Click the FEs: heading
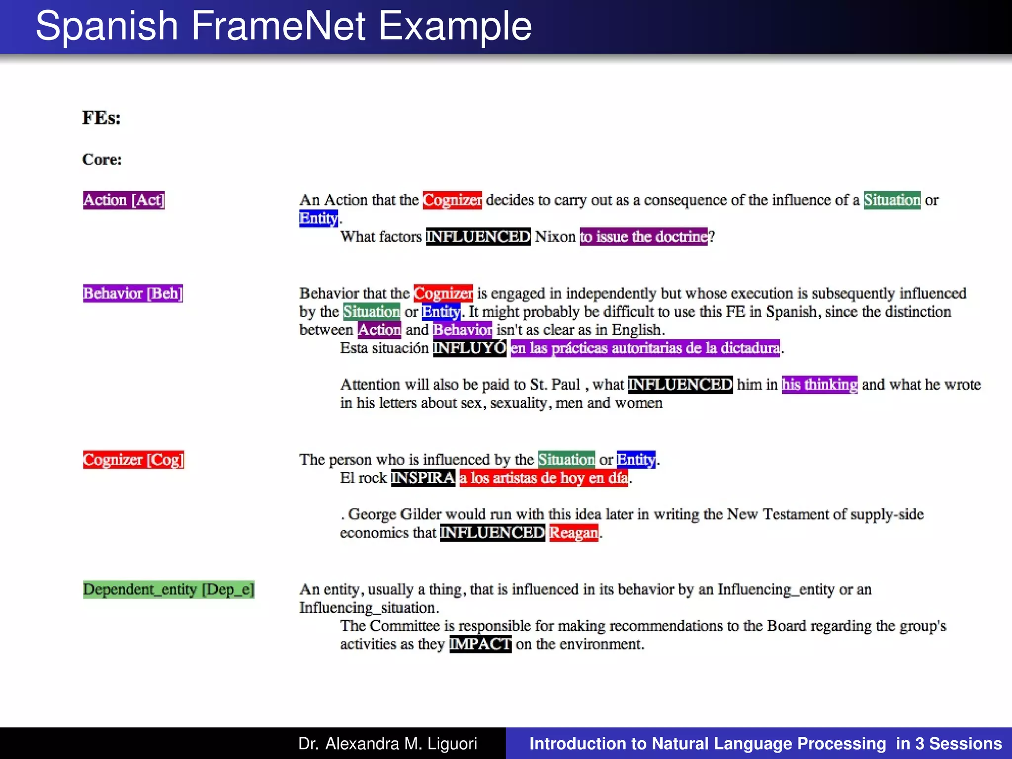click(x=101, y=118)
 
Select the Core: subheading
click(x=102, y=159)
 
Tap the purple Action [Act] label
click(x=124, y=200)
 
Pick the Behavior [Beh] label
click(x=133, y=294)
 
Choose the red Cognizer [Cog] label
click(x=133, y=460)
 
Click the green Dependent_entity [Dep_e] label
click(x=169, y=590)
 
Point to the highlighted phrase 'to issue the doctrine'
click(x=643, y=237)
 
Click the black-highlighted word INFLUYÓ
click(x=469, y=348)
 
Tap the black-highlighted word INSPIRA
click(x=423, y=478)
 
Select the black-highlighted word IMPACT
click(x=480, y=644)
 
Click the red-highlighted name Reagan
click(x=573, y=533)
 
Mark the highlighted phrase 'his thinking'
click(x=819, y=384)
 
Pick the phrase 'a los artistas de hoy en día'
click(x=544, y=478)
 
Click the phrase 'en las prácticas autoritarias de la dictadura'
click(x=645, y=348)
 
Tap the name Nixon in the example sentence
click(x=555, y=237)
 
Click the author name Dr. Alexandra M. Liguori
click(x=388, y=744)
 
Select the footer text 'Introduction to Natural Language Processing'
click(x=708, y=744)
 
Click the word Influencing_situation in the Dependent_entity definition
click(x=368, y=608)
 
